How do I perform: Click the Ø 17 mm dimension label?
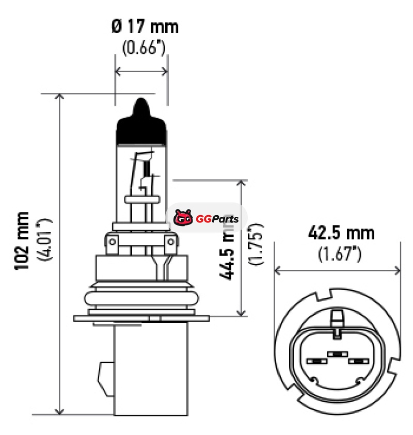coord(145,27)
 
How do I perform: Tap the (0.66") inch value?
coord(144,47)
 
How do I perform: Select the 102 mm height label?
coord(22,240)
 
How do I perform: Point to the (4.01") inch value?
coord(44,239)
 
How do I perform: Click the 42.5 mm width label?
coord(341,233)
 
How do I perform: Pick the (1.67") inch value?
coord(340,253)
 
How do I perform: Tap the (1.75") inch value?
coord(256,244)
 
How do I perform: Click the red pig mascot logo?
coord(183,218)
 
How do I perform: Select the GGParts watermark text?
coord(217,219)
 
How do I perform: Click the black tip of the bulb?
coord(141,123)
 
